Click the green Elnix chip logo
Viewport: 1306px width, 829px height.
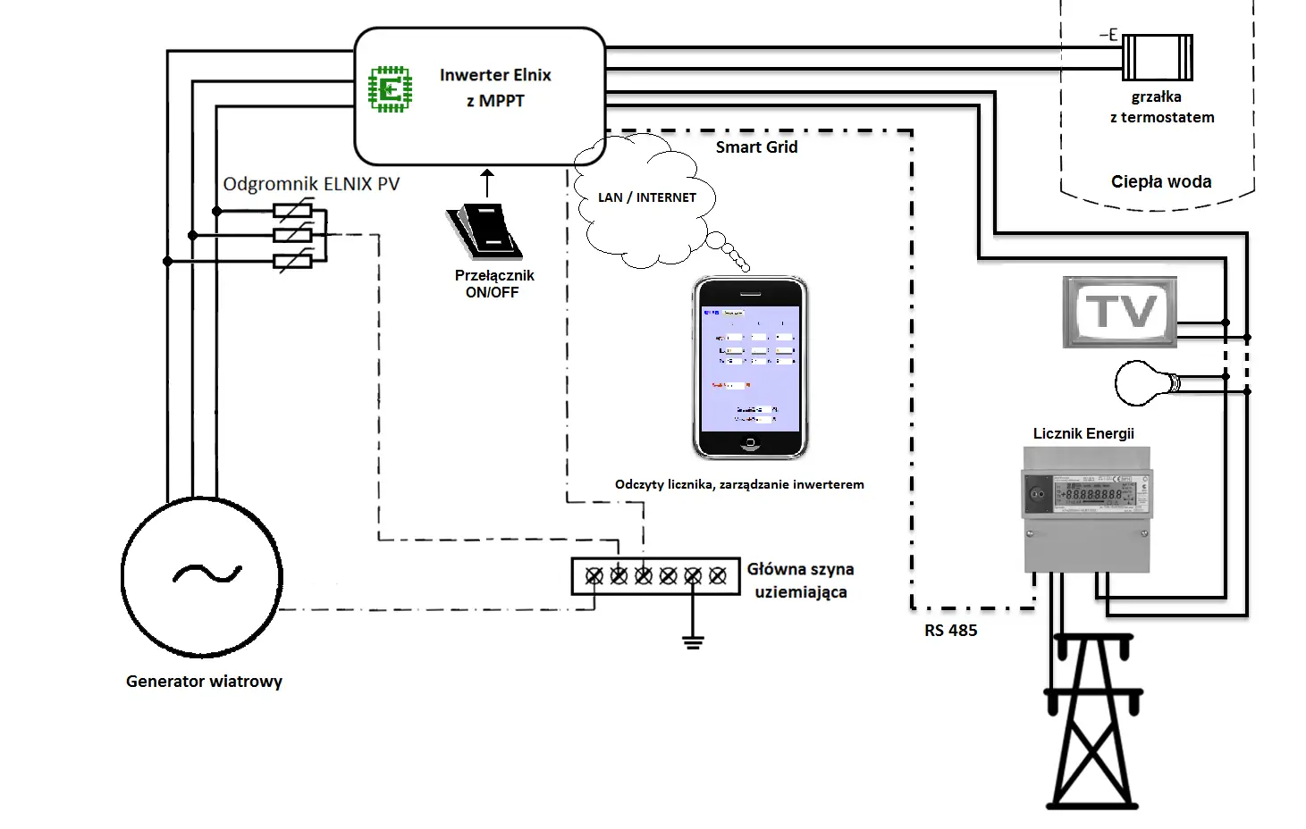click(391, 88)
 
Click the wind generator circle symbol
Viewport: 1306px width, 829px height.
click(202, 576)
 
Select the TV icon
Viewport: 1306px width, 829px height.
click(1120, 312)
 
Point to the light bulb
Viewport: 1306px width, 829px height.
click(1146, 383)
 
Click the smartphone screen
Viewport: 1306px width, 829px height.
click(750, 368)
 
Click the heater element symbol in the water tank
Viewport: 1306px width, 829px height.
click(1157, 57)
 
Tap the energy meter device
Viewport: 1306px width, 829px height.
click(1086, 509)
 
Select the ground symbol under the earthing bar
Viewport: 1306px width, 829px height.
click(693, 641)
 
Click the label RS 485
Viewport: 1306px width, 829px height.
click(950, 631)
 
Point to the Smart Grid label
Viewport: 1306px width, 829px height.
click(756, 147)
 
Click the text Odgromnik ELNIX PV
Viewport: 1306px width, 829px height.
click(311, 184)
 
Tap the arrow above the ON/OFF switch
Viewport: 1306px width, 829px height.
click(487, 182)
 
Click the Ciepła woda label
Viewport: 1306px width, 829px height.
click(1161, 182)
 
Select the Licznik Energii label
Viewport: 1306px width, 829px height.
click(1083, 434)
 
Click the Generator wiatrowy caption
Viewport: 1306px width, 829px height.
click(204, 682)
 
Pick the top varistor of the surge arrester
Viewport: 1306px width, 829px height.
click(292, 212)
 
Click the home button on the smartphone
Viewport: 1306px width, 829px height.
click(750, 444)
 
